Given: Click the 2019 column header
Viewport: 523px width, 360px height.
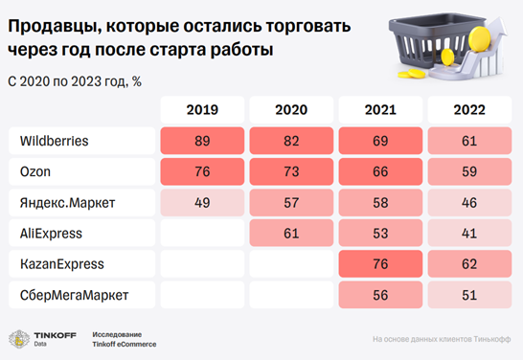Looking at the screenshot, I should [202, 110].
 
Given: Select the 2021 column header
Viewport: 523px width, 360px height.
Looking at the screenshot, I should [381, 110].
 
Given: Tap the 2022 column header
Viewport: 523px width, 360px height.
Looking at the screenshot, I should [469, 110].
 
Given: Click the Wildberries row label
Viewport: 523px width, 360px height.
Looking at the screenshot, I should [55, 142].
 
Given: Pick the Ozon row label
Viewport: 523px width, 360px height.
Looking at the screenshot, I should [35, 172].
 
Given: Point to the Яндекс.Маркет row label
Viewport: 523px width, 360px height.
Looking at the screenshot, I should [60, 203].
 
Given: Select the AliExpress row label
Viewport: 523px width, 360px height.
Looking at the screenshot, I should [51, 233].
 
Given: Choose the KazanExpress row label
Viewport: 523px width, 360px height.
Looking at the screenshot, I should [62, 263].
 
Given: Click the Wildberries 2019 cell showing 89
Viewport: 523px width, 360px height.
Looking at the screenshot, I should [202, 142].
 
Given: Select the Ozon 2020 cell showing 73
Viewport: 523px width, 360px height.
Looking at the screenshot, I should [291, 172].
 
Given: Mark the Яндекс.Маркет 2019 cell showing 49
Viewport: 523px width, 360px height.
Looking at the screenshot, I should [202, 203].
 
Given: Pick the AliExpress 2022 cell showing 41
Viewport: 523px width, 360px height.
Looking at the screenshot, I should [469, 233].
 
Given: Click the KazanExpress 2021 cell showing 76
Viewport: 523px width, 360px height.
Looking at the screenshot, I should [381, 263].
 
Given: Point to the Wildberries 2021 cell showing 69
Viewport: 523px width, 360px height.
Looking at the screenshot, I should [381, 142].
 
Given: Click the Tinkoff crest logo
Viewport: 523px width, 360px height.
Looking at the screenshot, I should [18, 338].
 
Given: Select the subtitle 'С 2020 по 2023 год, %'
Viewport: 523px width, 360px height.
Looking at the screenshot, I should [75, 80].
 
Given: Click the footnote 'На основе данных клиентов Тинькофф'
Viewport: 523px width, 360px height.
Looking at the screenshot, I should [441, 339].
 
